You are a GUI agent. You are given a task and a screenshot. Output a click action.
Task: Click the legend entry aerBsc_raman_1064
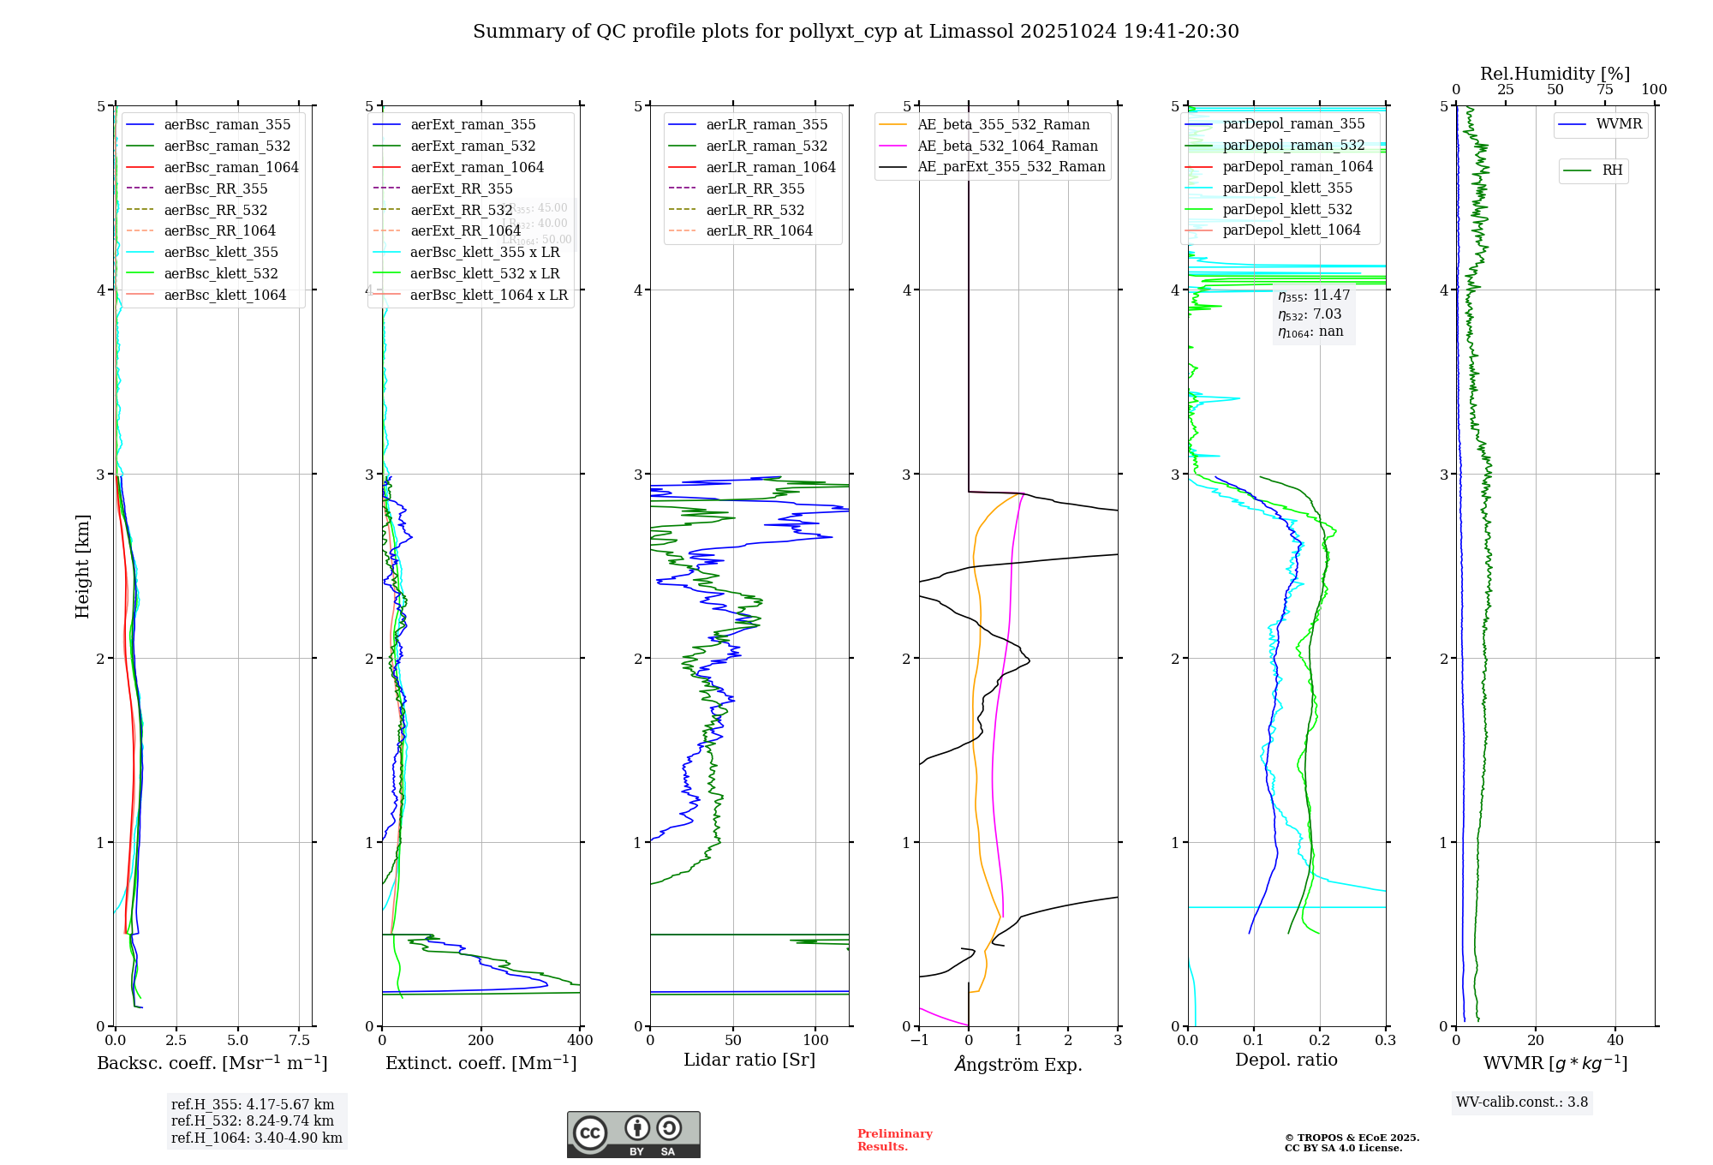click(231, 167)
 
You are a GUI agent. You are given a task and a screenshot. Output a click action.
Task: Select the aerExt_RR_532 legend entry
click(461, 210)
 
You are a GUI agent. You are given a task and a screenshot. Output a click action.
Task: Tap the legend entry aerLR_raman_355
click(767, 124)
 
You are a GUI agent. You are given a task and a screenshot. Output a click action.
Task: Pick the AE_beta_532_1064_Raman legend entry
click(1007, 146)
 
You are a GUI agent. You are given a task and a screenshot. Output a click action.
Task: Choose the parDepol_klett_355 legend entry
click(1287, 188)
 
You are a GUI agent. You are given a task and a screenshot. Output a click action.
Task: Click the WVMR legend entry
click(1619, 124)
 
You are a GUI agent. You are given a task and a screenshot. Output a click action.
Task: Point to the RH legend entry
click(1612, 170)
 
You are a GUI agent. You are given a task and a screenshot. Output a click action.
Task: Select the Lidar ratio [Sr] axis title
click(749, 1060)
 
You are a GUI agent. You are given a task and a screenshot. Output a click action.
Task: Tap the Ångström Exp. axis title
click(1018, 1064)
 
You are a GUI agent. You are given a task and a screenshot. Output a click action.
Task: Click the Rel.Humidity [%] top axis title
click(1555, 74)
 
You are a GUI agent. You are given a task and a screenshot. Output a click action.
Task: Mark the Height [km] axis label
click(82, 565)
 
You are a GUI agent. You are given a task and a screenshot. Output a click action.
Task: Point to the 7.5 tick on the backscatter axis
click(299, 1040)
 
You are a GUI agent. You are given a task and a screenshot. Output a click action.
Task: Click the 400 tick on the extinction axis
click(580, 1040)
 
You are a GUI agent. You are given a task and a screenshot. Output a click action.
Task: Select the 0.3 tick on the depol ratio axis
click(1385, 1040)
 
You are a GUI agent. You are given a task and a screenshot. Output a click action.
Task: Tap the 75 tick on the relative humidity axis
click(1604, 89)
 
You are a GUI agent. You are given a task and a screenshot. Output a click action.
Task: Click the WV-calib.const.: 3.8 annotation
click(1522, 1102)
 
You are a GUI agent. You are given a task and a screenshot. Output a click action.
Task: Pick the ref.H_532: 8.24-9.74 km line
click(252, 1120)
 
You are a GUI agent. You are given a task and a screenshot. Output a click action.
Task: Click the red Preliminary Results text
click(894, 1139)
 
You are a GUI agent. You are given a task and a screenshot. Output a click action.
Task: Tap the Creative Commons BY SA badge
click(633, 1134)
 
